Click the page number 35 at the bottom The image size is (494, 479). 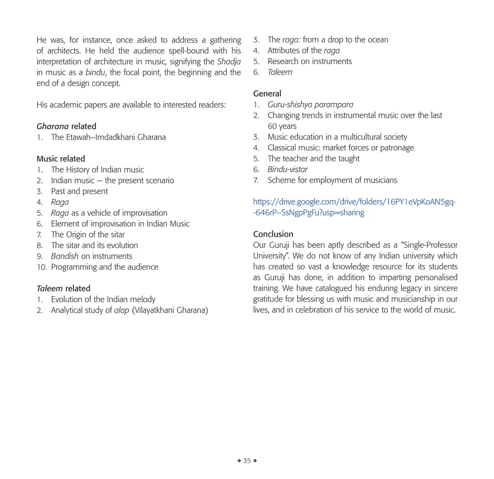pos(247,461)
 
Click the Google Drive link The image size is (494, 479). pos(354,207)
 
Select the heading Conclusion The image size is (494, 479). pos(273,234)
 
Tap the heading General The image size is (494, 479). pos(267,93)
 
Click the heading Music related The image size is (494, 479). pos(61,159)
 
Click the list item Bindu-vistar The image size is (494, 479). pos(288,169)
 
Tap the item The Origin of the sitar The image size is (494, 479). pos(88,235)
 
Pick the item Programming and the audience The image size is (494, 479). pos(105,267)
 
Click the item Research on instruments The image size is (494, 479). pos(310,61)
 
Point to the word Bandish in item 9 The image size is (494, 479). pos(65,256)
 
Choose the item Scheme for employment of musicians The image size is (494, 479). pos(332,180)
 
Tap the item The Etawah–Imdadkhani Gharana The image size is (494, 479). pos(108,137)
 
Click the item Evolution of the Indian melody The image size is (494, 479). pos(103,299)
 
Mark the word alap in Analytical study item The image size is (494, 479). pos(122,310)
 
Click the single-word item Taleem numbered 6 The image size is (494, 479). pos(280,72)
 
